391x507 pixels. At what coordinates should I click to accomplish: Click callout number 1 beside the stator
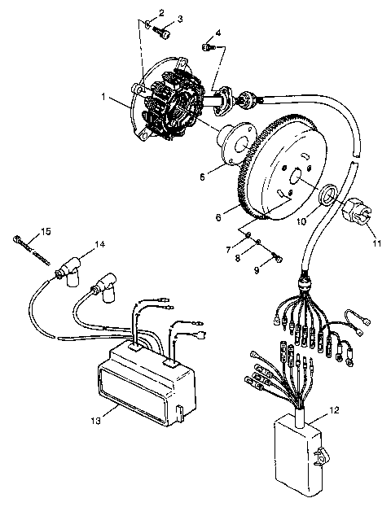pos(104,96)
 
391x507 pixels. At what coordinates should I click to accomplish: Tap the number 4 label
pos(217,33)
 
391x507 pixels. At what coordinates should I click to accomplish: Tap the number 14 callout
pos(99,244)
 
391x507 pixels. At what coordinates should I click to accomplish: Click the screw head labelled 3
pos(166,34)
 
